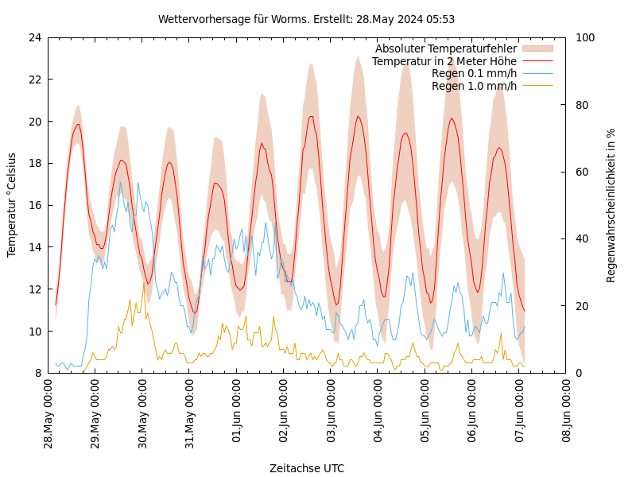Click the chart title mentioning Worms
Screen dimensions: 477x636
coord(306,19)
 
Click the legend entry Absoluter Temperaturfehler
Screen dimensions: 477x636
coord(446,48)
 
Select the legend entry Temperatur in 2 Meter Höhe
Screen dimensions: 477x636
coord(444,61)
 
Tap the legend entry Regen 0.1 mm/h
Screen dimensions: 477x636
coord(474,74)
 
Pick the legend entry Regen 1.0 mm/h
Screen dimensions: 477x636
coord(474,86)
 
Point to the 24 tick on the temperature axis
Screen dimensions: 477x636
coord(34,37)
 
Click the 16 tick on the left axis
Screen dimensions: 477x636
coord(34,205)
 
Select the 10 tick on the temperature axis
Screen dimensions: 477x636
coord(34,331)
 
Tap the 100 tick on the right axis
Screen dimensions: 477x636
coord(585,37)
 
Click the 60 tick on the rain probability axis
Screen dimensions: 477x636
coord(582,172)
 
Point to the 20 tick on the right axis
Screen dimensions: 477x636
coord(582,306)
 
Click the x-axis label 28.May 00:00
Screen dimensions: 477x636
coord(48,414)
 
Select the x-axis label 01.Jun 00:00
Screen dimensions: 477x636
coord(237,414)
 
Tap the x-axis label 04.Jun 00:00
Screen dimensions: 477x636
coord(378,414)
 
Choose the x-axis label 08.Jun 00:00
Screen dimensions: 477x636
coord(567,414)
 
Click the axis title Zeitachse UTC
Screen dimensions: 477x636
coord(307,468)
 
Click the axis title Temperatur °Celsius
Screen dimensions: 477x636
coord(12,205)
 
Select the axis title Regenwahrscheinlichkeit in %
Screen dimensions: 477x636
coord(611,205)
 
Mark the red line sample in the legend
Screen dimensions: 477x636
coord(537,61)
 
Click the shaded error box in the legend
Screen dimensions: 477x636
coord(537,48)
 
